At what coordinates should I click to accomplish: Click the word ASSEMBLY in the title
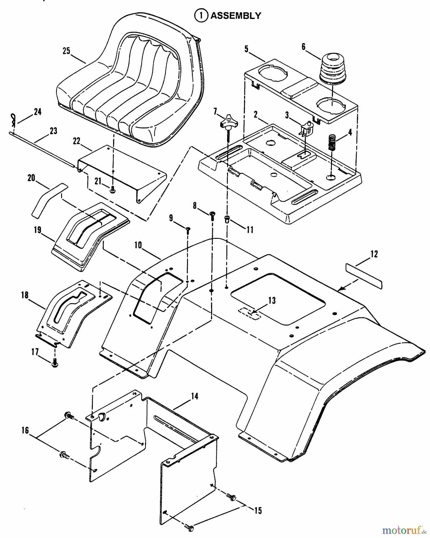(236, 16)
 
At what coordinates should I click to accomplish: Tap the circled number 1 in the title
(201, 16)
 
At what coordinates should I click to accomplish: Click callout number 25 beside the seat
(66, 51)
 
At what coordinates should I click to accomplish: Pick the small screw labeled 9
(188, 230)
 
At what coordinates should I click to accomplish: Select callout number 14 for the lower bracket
(195, 397)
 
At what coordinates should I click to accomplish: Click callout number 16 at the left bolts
(25, 430)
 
